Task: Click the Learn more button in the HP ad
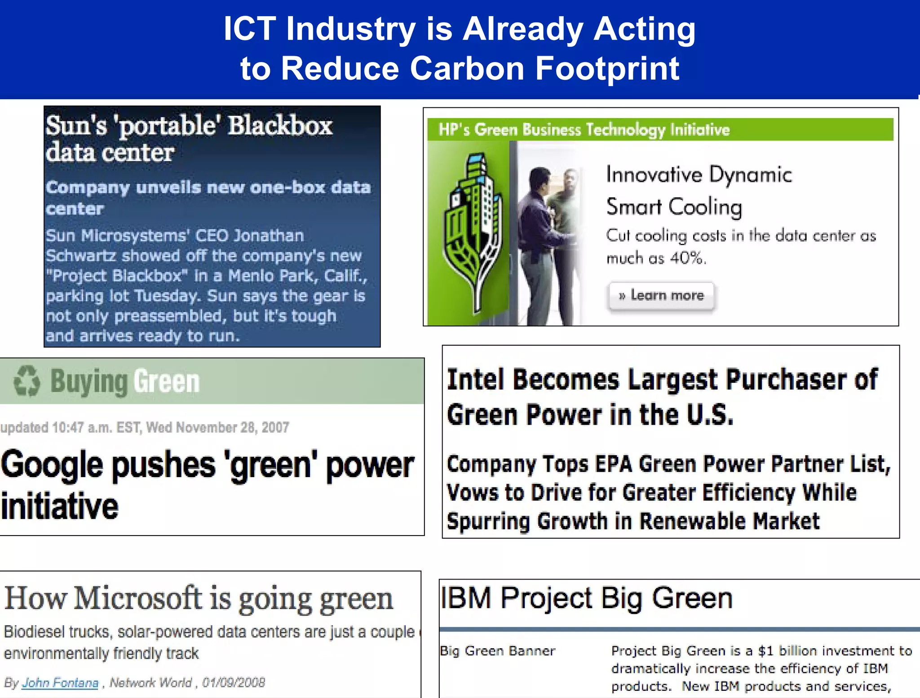[x=661, y=295]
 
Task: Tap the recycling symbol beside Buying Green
[x=27, y=381]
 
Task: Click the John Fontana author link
[x=60, y=683]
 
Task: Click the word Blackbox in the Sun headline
[x=280, y=126]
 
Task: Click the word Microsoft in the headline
[x=138, y=598]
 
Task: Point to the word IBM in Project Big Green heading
[x=466, y=598]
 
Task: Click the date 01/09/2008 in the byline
[x=233, y=683]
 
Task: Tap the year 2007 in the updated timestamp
[x=275, y=427]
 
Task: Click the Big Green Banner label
[x=497, y=651]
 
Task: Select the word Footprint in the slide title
[x=607, y=69]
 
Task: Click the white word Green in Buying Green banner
[x=166, y=382]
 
